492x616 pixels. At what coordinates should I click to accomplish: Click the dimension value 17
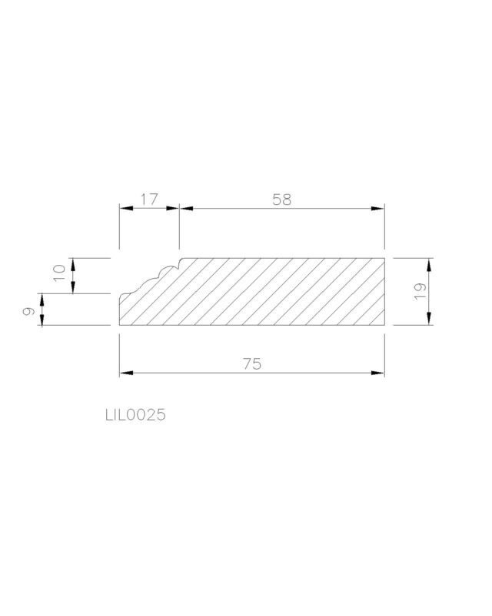pyautogui.click(x=149, y=199)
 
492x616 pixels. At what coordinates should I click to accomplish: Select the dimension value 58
pyautogui.click(x=281, y=199)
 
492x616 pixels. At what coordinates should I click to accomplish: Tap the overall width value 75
pyautogui.click(x=252, y=363)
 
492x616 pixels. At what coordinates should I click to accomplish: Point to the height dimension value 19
pyautogui.click(x=420, y=291)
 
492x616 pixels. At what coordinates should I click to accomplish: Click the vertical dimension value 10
pyautogui.click(x=59, y=273)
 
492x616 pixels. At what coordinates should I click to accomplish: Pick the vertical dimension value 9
pyautogui.click(x=28, y=312)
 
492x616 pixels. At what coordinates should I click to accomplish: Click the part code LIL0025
pyautogui.click(x=135, y=415)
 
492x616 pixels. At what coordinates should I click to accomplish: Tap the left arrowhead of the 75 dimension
pyautogui.click(x=126, y=373)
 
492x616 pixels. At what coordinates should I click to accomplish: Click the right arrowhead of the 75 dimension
pyautogui.click(x=377, y=373)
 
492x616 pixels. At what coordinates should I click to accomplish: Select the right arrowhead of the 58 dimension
pyautogui.click(x=377, y=208)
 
